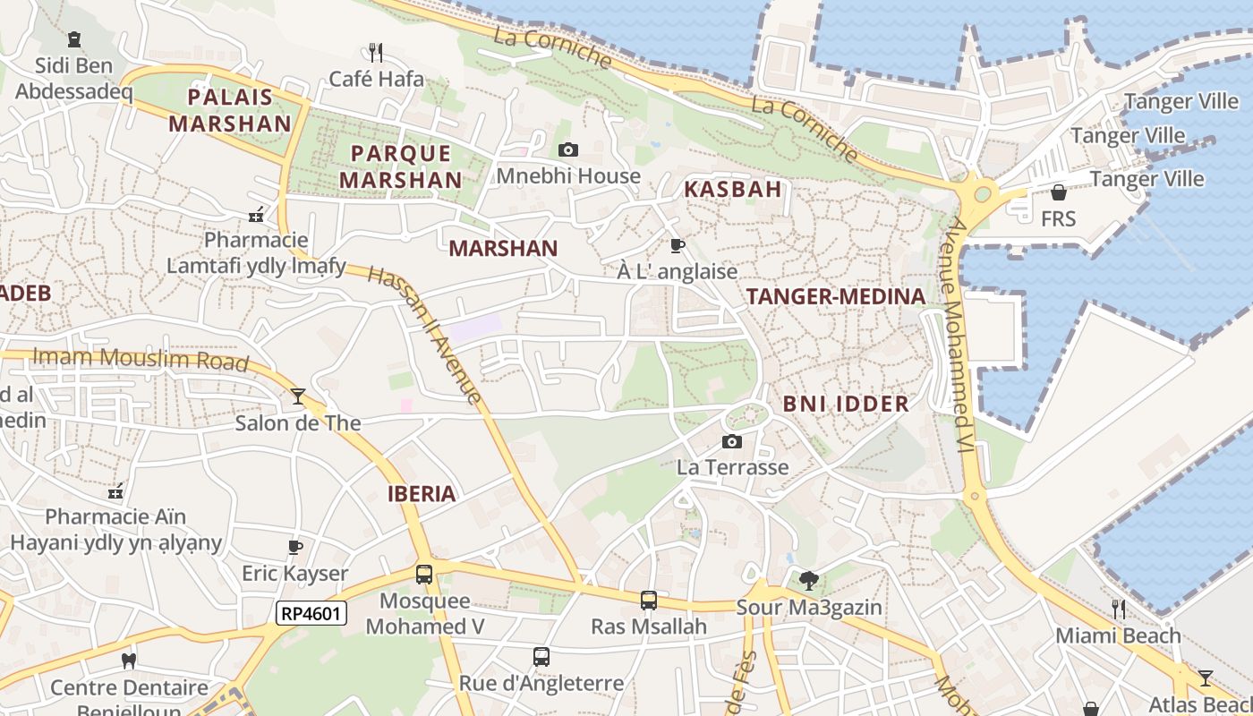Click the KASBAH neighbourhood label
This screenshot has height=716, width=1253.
[x=733, y=189]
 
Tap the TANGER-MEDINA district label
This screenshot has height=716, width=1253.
[x=835, y=297]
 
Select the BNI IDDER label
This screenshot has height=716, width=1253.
[x=846, y=404]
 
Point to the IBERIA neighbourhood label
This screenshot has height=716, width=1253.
[x=422, y=494]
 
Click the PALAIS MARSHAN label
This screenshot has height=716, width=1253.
[x=230, y=110]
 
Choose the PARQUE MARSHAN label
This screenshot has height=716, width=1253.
[x=401, y=166]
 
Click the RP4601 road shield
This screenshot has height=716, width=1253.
[x=311, y=613]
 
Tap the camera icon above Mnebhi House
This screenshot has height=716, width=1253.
[x=567, y=150]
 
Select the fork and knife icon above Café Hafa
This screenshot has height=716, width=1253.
[x=376, y=53]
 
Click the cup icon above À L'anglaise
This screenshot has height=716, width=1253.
[x=678, y=245]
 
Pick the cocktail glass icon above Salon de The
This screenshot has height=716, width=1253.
[x=298, y=396]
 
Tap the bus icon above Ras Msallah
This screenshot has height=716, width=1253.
[x=649, y=601]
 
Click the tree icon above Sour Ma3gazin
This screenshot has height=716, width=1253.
[x=809, y=581]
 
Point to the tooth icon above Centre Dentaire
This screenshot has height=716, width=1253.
[x=129, y=661]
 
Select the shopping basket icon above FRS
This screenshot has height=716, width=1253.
[x=1058, y=192]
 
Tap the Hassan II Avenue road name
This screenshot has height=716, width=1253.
[x=426, y=335]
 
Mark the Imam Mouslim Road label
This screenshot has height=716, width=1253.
[x=140, y=359]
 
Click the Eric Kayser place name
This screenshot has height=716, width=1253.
[x=294, y=573]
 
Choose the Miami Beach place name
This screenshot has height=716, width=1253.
[x=1118, y=635]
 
